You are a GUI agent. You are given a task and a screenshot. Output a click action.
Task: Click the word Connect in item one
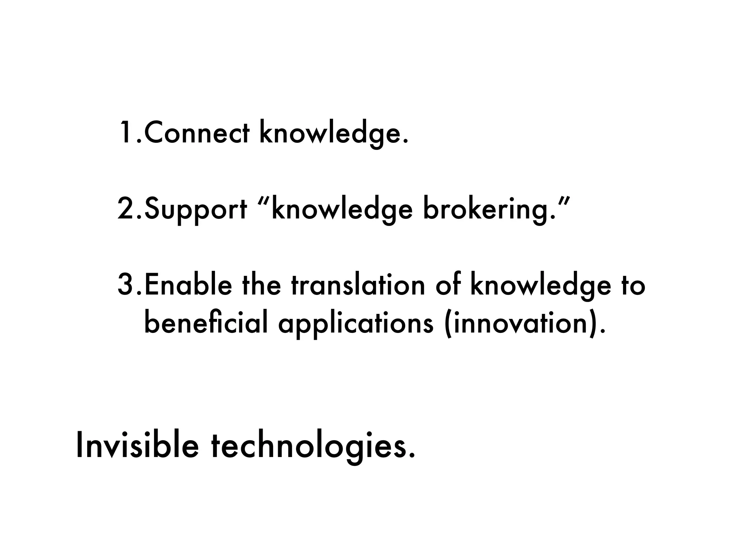point(196,133)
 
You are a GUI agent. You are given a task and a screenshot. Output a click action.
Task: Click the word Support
point(196,209)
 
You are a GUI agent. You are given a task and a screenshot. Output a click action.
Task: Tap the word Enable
point(188,285)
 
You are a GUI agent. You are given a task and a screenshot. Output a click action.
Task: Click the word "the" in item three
point(261,285)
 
